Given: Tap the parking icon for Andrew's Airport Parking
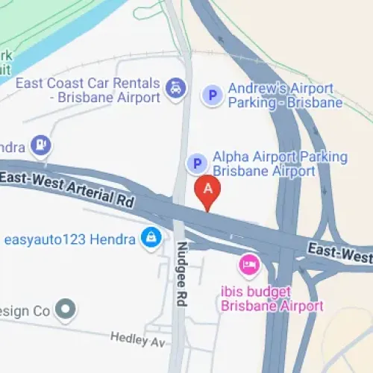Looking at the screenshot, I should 213,95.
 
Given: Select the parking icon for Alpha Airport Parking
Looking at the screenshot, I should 196,163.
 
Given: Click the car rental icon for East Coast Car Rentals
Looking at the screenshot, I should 175,88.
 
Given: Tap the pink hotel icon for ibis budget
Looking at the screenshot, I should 248,264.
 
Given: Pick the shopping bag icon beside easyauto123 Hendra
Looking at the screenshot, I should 151,239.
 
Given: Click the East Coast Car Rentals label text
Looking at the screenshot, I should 88,90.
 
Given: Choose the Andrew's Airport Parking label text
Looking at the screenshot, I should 284,95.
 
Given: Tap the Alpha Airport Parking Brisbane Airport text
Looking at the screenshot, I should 280,163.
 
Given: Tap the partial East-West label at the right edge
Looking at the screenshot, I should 342,254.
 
